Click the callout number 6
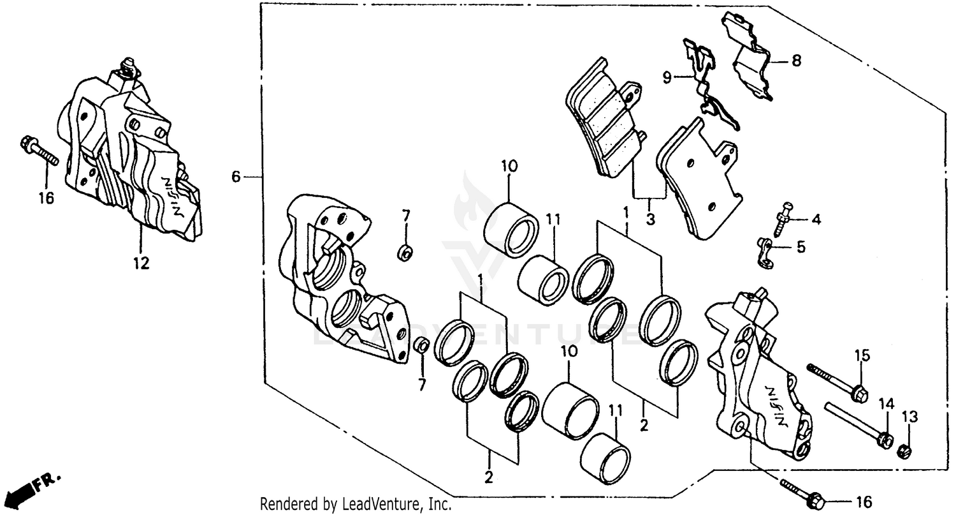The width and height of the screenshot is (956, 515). click(x=236, y=176)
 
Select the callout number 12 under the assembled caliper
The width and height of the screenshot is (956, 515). click(x=141, y=262)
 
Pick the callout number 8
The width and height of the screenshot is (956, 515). click(x=796, y=61)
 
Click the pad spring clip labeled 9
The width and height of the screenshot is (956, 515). click(x=711, y=89)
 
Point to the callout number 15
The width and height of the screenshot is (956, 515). click(x=862, y=355)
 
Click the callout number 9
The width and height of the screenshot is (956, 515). click(x=667, y=78)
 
